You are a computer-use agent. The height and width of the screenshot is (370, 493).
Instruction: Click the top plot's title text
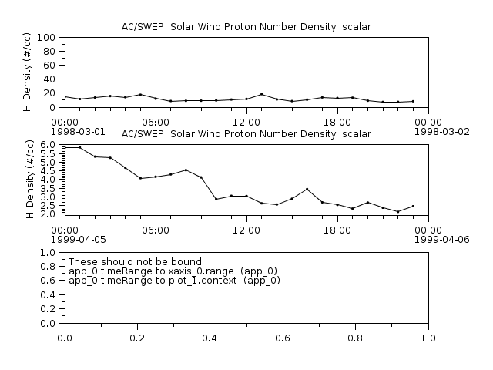[x=246, y=27]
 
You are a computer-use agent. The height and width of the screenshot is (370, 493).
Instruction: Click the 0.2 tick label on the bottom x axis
[x=137, y=338]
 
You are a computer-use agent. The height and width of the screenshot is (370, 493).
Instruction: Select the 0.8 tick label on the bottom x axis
[x=355, y=338]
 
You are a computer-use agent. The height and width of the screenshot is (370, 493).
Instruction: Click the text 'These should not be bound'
[x=135, y=262]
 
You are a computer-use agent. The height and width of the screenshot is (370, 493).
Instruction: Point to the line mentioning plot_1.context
[x=174, y=281]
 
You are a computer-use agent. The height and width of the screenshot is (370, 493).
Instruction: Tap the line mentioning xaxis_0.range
[x=173, y=271]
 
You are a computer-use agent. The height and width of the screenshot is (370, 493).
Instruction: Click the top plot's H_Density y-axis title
[x=27, y=72]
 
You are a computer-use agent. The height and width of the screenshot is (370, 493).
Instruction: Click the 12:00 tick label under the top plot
[x=246, y=122]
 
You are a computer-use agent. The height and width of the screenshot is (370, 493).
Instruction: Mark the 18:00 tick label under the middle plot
[x=337, y=230]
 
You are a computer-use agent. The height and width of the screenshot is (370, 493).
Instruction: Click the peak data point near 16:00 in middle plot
[x=307, y=189]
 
